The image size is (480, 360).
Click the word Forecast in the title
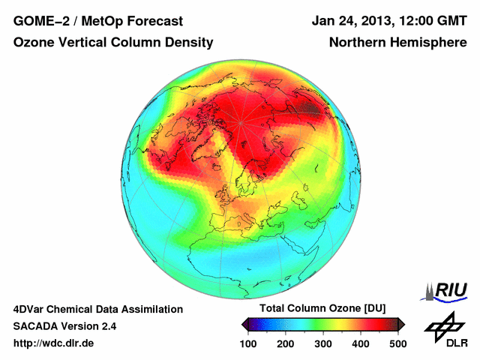169,21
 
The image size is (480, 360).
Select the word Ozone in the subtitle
34,43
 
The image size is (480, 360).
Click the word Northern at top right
357,43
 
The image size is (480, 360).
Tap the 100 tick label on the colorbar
248,343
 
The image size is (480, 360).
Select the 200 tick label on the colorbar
286,343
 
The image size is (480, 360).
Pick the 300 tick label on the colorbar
323,343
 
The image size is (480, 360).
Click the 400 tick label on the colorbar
360,343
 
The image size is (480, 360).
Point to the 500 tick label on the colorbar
397,343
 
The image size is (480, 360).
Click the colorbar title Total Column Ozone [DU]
322,309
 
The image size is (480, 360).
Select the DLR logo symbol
445,325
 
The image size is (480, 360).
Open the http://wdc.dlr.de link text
54,343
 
